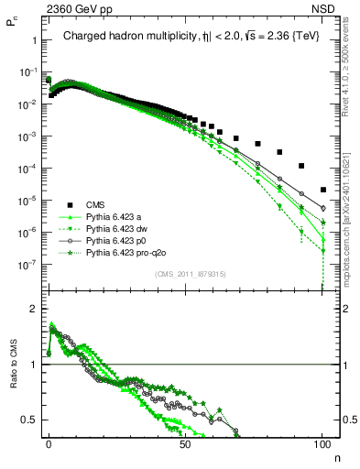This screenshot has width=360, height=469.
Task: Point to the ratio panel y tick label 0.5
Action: (x=30, y=420)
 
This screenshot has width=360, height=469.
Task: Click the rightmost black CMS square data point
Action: (x=322, y=190)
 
